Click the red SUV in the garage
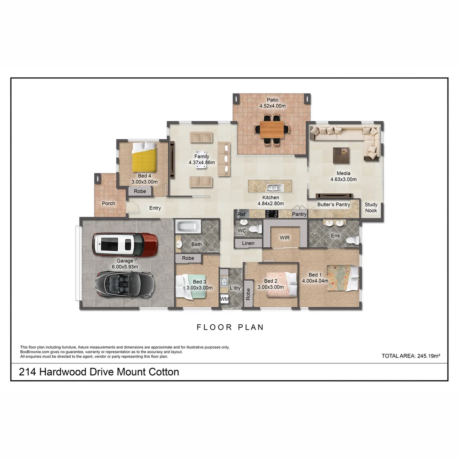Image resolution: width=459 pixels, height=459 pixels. tap(125, 244)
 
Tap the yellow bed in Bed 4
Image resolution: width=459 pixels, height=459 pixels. tap(144, 157)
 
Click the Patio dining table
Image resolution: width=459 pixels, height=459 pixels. tap(272, 129)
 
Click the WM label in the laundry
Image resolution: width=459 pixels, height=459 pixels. tap(224, 300)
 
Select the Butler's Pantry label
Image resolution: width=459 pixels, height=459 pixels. tap(334, 204)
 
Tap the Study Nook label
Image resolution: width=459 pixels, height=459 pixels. tap(371, 207)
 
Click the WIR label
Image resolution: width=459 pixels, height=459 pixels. tap(284, 237)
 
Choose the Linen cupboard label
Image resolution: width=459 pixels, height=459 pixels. tap(248, 243)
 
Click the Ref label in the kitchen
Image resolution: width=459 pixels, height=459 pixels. tap(241, 214)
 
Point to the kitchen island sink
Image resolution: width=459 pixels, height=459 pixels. tap(272, 187)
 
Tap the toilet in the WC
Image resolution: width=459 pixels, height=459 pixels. tap(255, 229)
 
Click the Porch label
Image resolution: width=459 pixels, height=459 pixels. tap(108, 203)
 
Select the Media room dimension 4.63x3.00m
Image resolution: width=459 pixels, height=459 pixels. tap(343, 179)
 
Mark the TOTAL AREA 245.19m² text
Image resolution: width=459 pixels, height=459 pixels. tap(411, 356)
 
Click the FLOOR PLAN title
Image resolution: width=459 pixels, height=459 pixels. tap(230, 327)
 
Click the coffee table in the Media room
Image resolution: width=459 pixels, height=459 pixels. tap(341, 155)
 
